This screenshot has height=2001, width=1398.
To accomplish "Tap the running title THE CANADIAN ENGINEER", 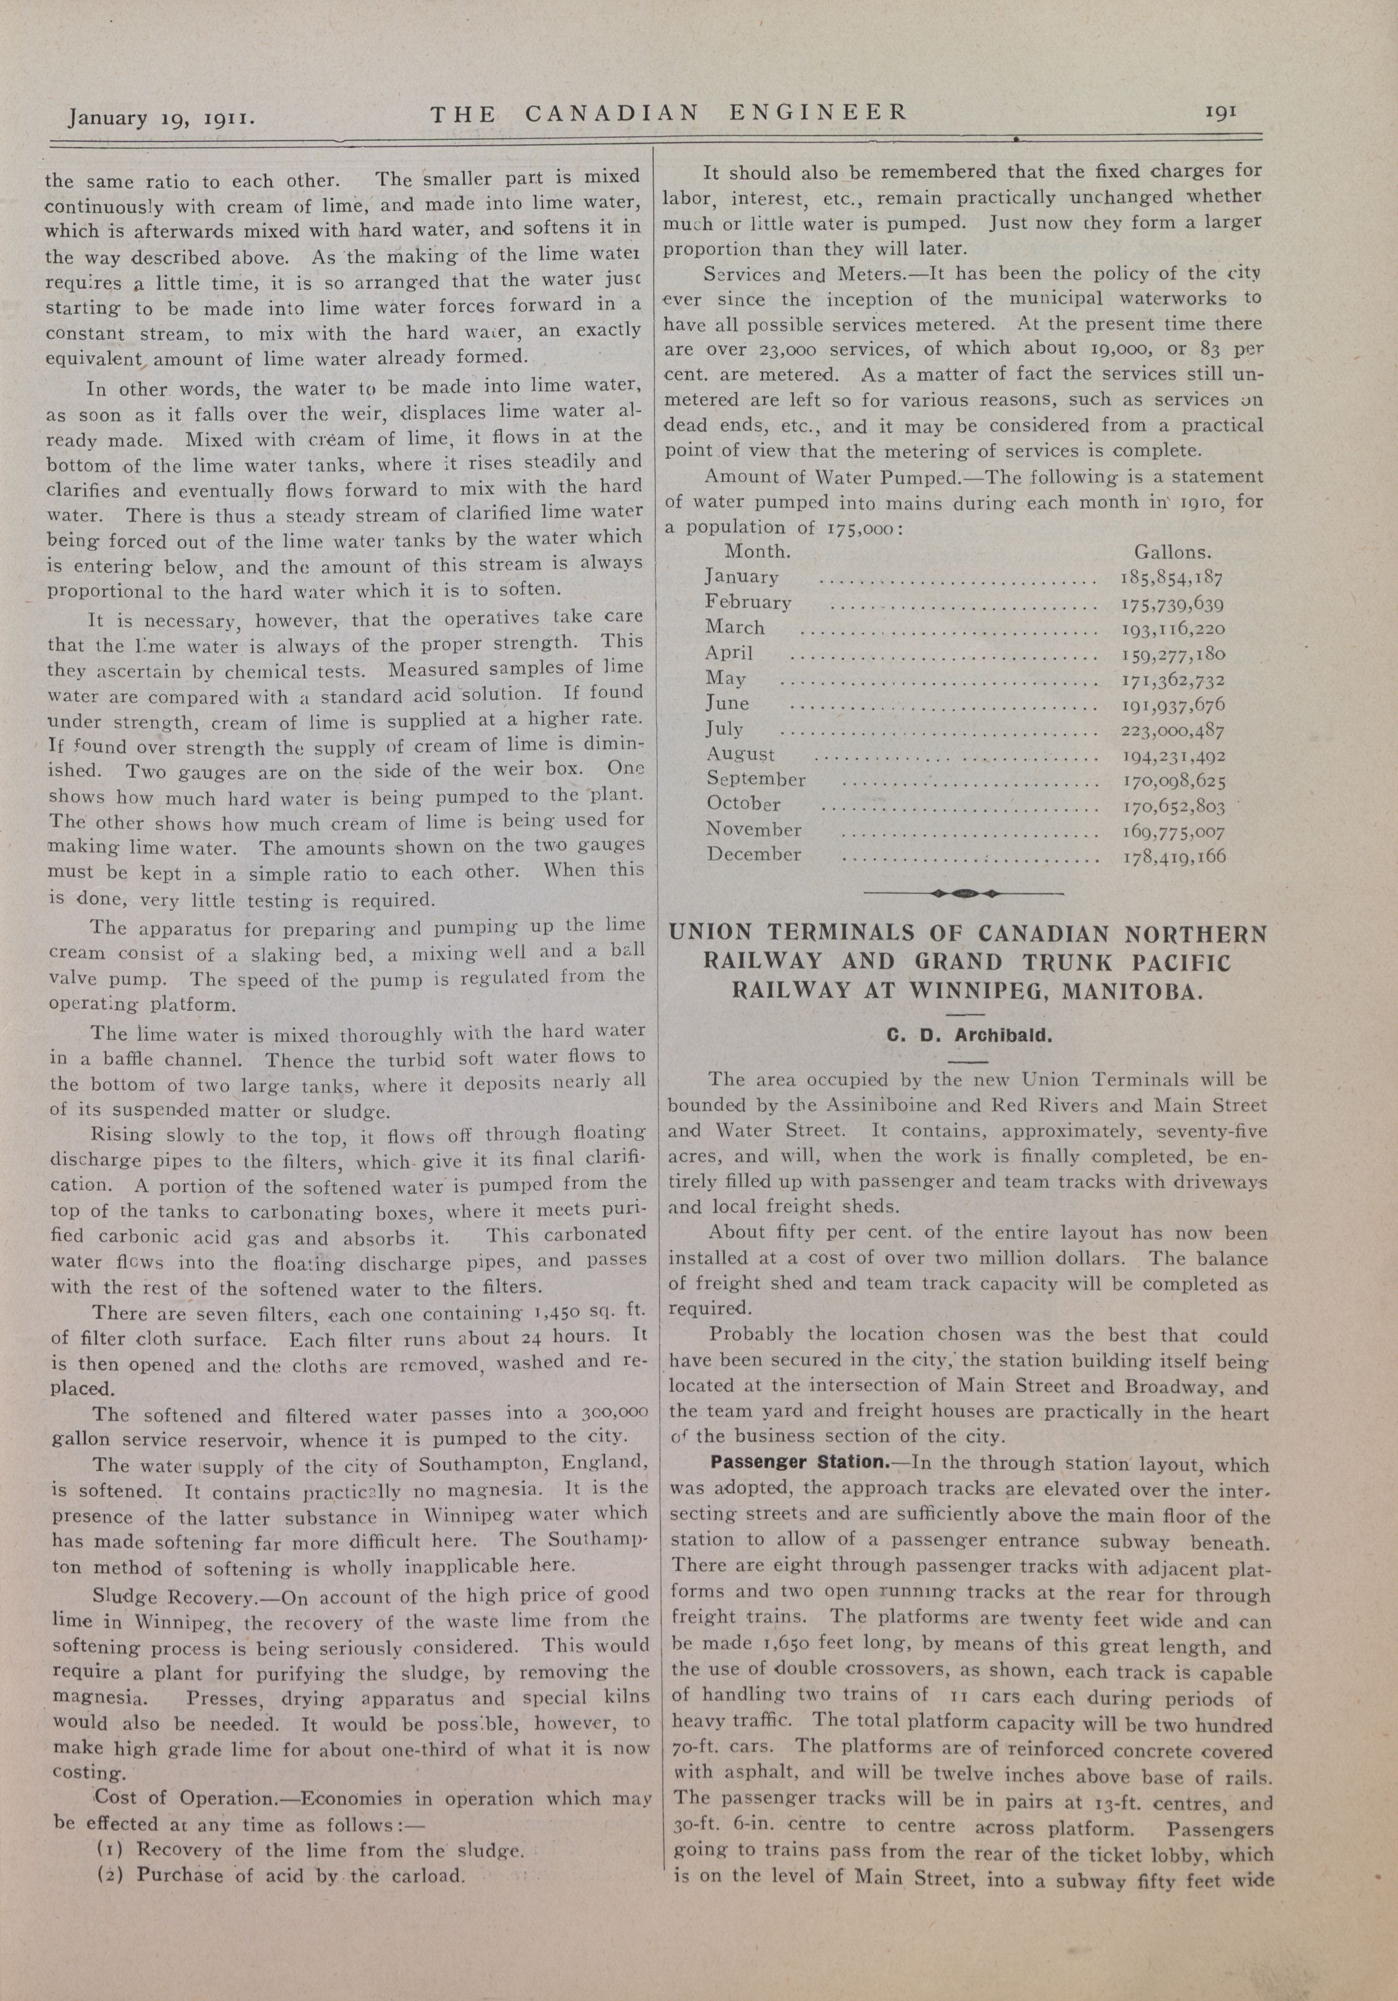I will (x=669, y=113).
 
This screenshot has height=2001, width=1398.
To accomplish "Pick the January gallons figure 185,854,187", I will (x=1172, y=577).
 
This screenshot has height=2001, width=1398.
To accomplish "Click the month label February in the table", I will (x=748, y=602).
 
